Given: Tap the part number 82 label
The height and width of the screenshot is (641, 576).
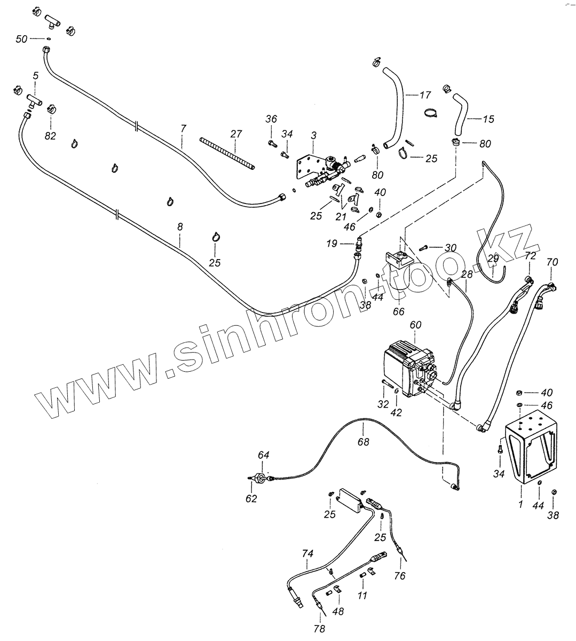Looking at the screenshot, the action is pyautogui.click(x=50, y=136).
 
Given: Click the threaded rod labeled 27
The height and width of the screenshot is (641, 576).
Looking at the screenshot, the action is pyautogui.click(x=227, y=154).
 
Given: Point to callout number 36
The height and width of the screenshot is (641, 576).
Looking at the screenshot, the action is pyautogui.click(x=271, y=119).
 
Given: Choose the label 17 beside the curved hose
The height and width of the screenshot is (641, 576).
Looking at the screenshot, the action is pyautogui.click(x=425, y=96).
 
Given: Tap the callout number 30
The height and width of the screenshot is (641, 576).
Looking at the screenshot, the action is pyautogui.click(x=450, y=248).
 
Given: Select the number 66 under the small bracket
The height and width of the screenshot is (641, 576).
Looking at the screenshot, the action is pyautogui.click(x=398, y=311).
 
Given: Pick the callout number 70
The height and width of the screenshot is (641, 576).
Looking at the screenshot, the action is pyautogui.click(x=553, y=262).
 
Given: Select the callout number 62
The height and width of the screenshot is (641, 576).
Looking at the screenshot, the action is pyautogui.click(x=251, y=498).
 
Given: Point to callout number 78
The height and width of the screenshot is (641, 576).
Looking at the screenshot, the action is pyautogui.click(x=319, y=629).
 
